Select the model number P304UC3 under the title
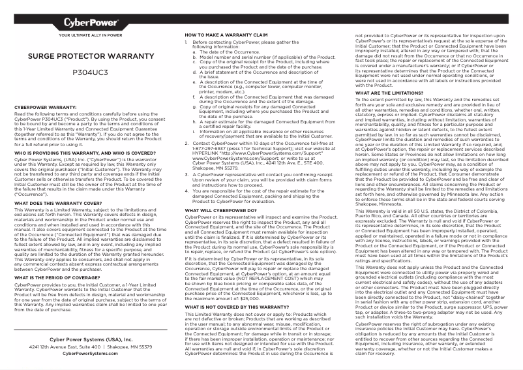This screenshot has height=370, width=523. pos(90,73)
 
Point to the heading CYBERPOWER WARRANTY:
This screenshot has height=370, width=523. pos(46,106)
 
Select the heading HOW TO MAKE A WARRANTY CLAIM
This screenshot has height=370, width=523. pos(226,34)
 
